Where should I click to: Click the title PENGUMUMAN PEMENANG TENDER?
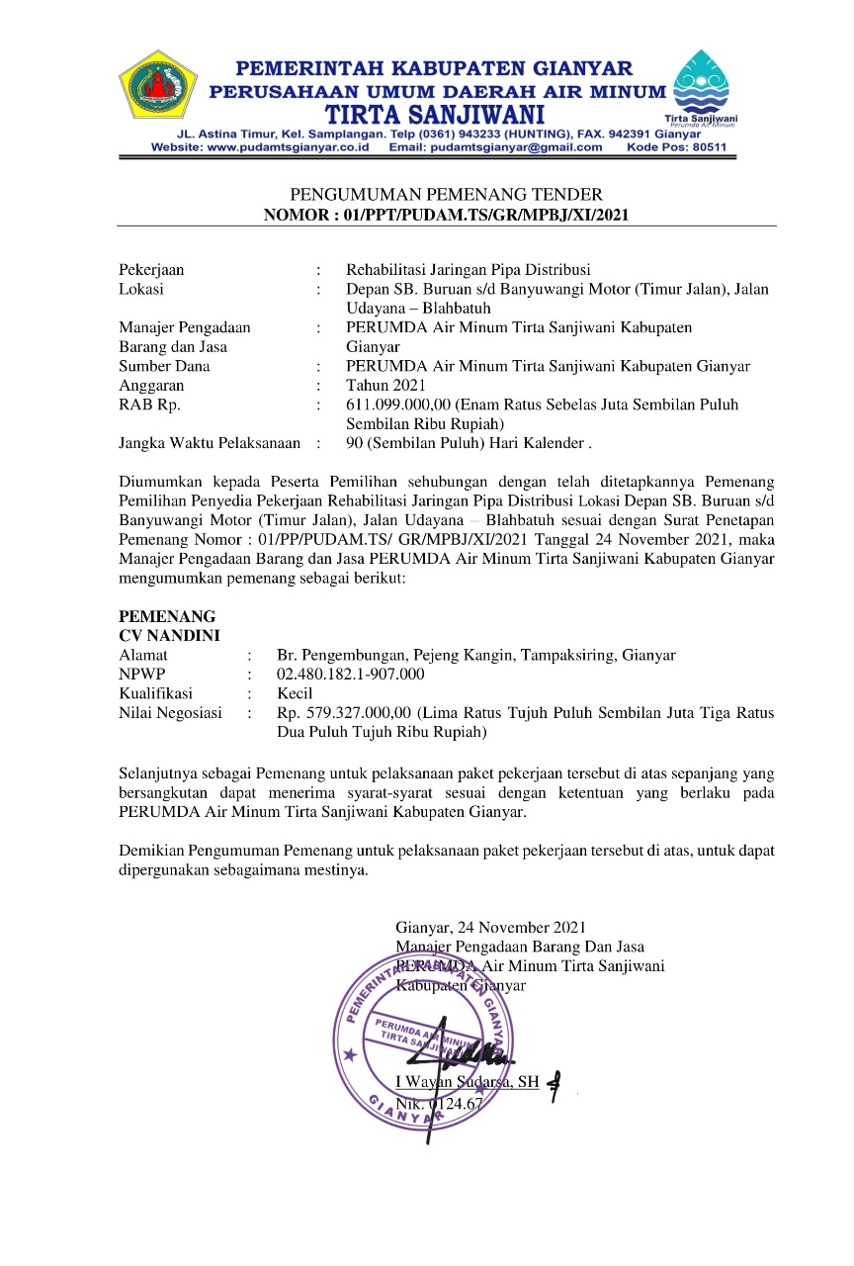pyautogui.click(x=446, y=194)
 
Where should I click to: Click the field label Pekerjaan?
pyautogui.click(x=151, y=269)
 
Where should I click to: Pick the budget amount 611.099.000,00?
pyautogui.click(x=393, y=405)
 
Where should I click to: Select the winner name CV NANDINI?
pyautogui.click(x=169, y=635)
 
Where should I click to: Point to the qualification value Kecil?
pyautogui.click(x=296, y=693)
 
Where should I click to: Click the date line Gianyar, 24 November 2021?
pyautogui.click(x=491, y=928)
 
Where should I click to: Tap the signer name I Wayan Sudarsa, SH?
pyautogui.click(x=468, y=1082)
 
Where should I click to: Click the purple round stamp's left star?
pyautogui.click(x=348, y=1055)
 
